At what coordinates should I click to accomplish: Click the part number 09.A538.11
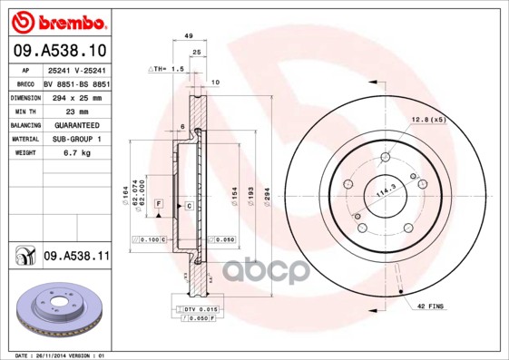(75, 257)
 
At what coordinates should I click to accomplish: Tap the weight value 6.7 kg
(63, 153)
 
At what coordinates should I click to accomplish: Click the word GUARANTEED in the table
(71, 124)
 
